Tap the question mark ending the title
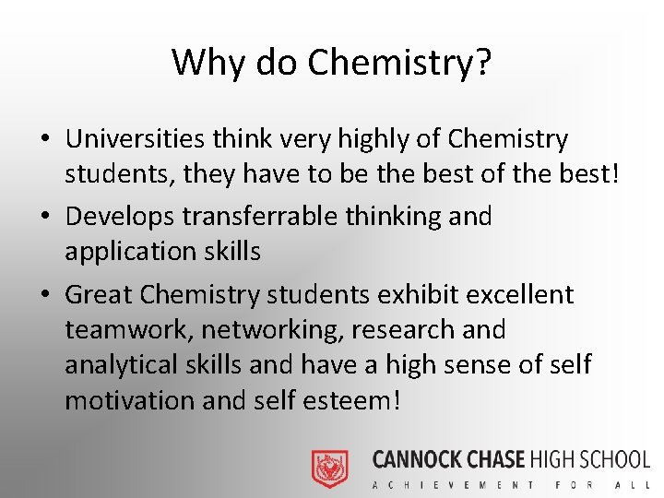coord(482,63)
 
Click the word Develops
coord(120,217)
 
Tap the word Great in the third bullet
coord(99,295)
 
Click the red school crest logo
coord(329,468)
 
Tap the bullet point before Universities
coord(44,140)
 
